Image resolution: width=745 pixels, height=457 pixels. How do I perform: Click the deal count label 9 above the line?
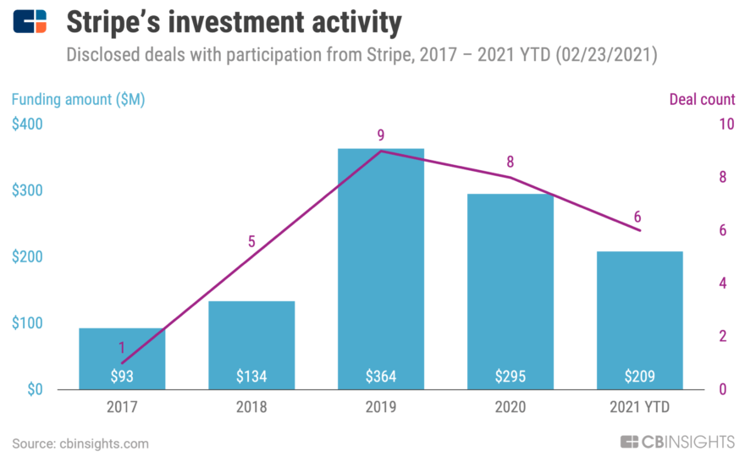pyautogui.click(x=380, y=135)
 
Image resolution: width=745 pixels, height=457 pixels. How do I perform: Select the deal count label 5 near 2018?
pyautogui.click(x=251, y=241)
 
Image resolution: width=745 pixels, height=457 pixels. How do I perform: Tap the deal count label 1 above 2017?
pyautogui.click(x=122, y=347)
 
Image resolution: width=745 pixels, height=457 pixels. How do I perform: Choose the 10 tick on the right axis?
pyautogui.click(x=726, y=124)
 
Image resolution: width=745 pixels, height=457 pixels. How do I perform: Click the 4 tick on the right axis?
pyautogui.click(x=722, y=284)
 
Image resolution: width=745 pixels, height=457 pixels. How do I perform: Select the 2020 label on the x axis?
pyautogui.click(x=510, y=407)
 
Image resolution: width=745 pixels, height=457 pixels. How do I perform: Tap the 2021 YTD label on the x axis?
pyautogui.click(x=639, y=407)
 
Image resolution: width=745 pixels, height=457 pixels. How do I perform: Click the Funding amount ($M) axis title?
pyautogui.click(x=78, y=99)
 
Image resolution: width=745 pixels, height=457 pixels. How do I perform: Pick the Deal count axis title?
pyautogui.click(x=701, y=99)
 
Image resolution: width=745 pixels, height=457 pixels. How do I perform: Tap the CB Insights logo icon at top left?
pyautogui.click(x=30, y=22)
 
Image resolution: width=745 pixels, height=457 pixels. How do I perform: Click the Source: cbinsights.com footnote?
pyautogui.click(x=80, y=443)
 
